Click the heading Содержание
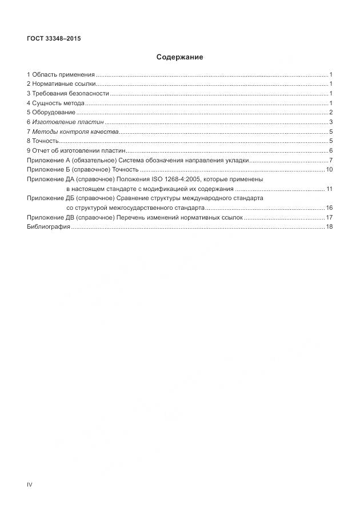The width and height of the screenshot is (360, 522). [179, 57]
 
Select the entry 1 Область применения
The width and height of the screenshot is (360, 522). [61, 75]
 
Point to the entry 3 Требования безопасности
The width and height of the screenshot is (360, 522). [67, 94]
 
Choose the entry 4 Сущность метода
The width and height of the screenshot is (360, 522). [55, 103]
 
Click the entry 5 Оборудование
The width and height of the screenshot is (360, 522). [51, 113]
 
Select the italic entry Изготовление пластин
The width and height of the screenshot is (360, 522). [68, 122]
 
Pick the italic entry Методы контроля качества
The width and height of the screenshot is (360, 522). [75, 132]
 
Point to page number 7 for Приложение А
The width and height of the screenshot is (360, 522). [331, 160]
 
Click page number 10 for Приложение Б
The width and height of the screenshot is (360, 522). [329, 169]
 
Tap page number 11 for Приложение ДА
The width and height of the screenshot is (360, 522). [329, 189]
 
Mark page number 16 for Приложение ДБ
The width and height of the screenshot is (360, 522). [329, 208]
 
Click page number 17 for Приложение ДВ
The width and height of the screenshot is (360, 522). [329, 217]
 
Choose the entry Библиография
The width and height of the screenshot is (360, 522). [49, 227]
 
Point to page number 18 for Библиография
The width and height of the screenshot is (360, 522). [329, 227]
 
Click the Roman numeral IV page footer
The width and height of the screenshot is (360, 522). [30, 485]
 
